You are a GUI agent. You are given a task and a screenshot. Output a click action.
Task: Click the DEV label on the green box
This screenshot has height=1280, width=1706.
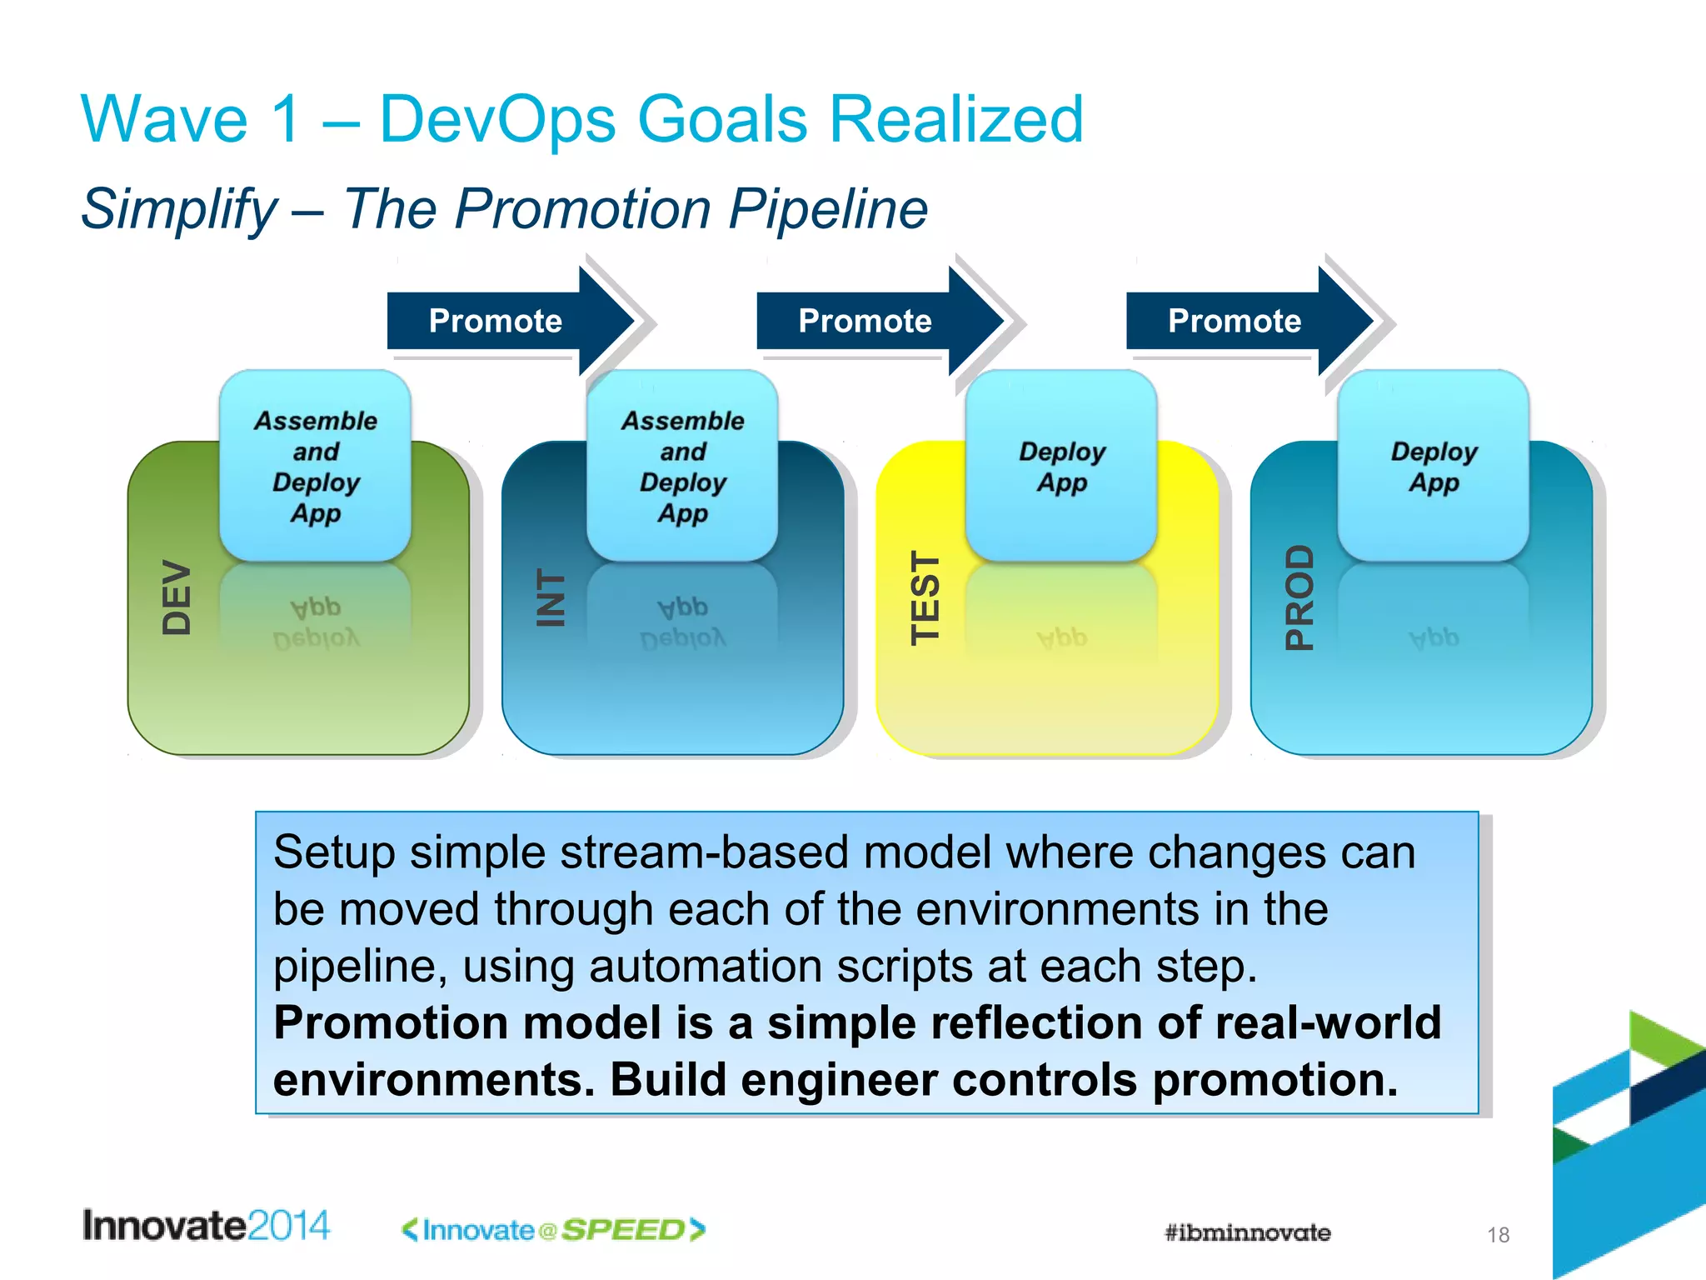pyautogui.click(x=177, y=597)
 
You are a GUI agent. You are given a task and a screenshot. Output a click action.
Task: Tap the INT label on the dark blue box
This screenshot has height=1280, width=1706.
pyautogui.click(x=551, y=597)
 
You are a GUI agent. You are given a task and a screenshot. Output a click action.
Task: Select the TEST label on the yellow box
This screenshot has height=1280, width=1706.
pyautogui.click(x=925, y=597)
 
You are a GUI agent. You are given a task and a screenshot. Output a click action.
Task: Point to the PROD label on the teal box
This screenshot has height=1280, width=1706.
pyautogui.click(x=1299, y=597)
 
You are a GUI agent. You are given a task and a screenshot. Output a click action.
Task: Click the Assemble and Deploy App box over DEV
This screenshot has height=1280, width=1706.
pyautogui.click(x=315, y=466)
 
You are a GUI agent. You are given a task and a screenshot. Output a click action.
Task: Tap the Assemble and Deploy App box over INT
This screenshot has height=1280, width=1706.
pyautogui.click(x=682, y=466)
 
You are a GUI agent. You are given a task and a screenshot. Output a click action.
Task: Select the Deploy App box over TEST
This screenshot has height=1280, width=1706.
pyautogui.click(x=1061, y=466)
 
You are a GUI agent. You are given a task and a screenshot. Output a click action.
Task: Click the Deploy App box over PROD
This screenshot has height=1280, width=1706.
pyautogui.click(x=1433, y=466)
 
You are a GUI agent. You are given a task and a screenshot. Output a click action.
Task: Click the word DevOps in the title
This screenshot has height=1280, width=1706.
pyautogui.click(x=496, y=119)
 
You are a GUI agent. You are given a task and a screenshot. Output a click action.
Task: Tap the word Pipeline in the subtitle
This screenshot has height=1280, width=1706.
pyautogui.click(x=828, y=209)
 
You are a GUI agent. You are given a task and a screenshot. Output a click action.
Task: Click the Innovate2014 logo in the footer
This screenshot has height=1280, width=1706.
pyautogui.click(x=206, y=1226)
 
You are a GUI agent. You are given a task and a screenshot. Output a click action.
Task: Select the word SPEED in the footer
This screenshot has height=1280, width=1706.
pyautogui.click(x=623, y=1230)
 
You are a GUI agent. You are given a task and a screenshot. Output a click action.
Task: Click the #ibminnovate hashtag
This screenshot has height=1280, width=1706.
pyautogui.click(x=1247, y=1232)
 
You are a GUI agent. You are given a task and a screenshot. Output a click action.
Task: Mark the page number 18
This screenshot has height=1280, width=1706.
pyautogui.click(x=1498, y=1235)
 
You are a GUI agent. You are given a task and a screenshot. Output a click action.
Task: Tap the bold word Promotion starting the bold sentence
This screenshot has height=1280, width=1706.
pyautogui.click(x=391, y=1023)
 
